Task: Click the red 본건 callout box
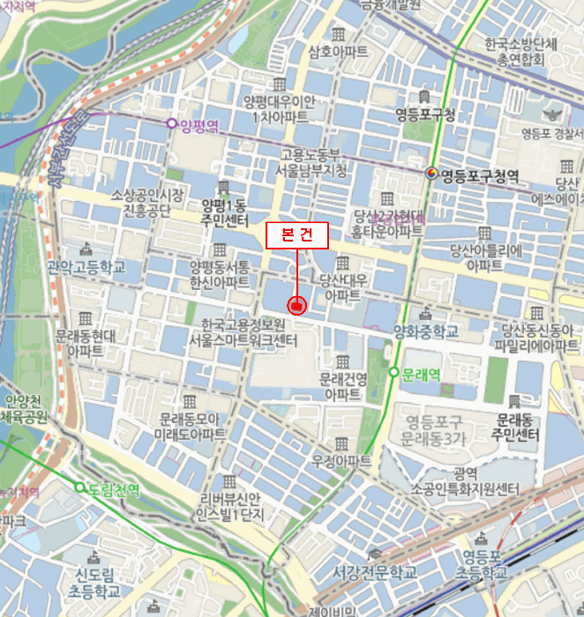pyautogui.click(x=297, y=235)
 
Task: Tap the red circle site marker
pyautogui.click(x=297, y=306)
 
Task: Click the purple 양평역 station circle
pyautogui.click(x=171, y=124)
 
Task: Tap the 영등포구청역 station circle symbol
pyautogui.click(x=432, y=173)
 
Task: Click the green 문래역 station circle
pyautogui.click(x=393, y=373)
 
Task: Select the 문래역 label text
pyautogui.click(x=421, y=374)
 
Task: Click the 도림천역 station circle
pyautogui.click(x=79, y=487)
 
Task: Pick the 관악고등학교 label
pyautogui.click(x=86, y=265)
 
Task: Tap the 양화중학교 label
pyautogui.click(x=426, y=331)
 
